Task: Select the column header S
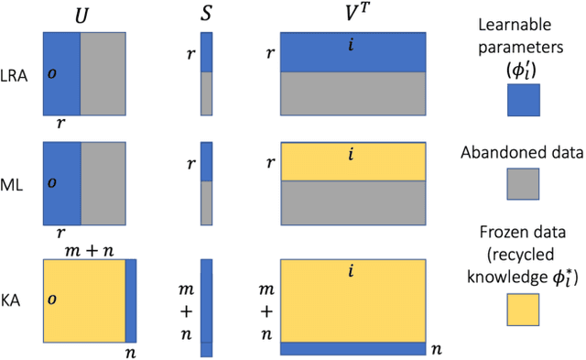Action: [206, 14]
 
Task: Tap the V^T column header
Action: [353, 14]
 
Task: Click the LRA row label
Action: [16, 75]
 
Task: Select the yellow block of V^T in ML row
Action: [353, 161]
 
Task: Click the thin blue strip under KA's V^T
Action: [353, 349]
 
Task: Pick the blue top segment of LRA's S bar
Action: [206, 52]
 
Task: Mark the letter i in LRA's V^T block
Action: [352, 43]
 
